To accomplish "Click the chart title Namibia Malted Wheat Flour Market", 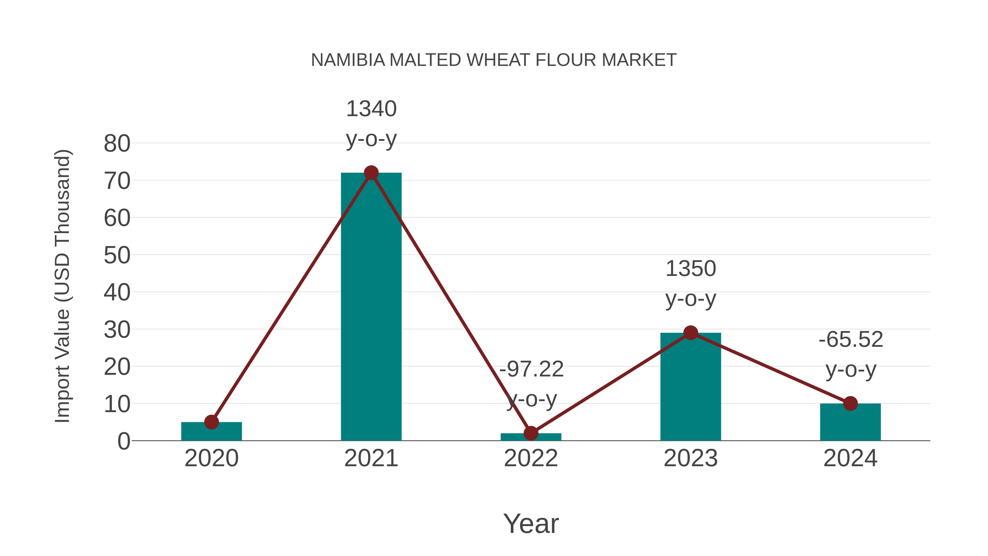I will coord(494,60).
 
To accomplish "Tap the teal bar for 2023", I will coord(691,387).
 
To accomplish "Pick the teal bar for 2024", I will coord(850,422).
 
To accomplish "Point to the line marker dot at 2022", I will coord(531,433).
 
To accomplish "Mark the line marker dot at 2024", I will coord(850,403).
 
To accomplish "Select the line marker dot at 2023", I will coord(691,333).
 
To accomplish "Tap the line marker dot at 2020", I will coord(211,422).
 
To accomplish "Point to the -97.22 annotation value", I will coord(531,369).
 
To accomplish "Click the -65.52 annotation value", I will coord(851,340).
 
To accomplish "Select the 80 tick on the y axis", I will coord(117,144).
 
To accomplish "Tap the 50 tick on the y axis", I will coord(117,255).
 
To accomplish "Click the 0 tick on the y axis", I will coord(123,441).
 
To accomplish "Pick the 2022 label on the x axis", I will coord(531,458).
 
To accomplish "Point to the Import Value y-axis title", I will coord(62,286).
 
